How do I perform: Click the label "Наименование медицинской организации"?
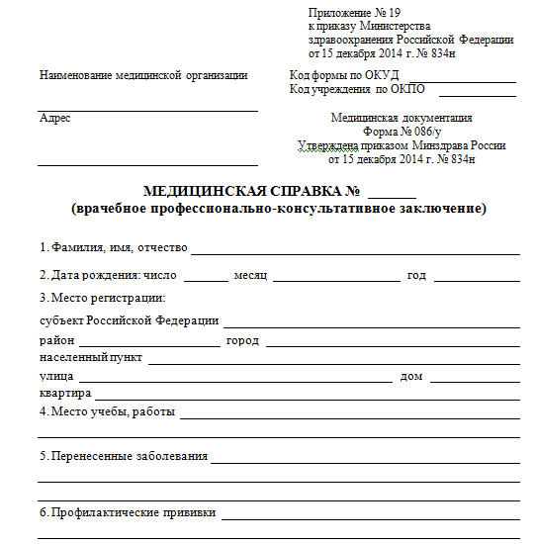point(142,75)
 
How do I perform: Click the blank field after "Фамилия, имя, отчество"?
point(355,252)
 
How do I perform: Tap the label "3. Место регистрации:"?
point(102,298)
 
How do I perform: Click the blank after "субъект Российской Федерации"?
point(372,325)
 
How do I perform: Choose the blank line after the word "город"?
point(393,345)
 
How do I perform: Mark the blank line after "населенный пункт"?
point(333,362)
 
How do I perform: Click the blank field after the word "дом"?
point(475,380)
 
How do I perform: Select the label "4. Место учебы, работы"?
point(106,411)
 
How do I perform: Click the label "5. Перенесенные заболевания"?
point(123,456)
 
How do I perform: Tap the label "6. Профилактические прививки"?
point(127,513)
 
